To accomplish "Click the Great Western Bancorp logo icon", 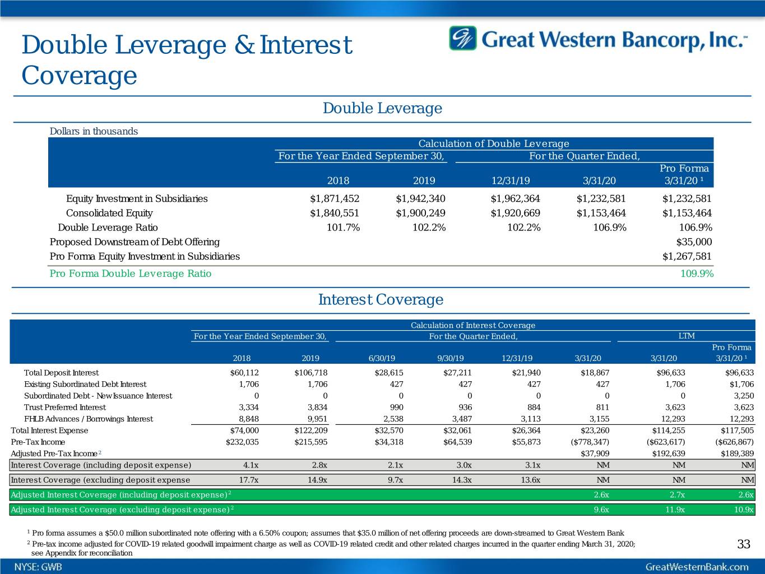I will [x=463, y=38].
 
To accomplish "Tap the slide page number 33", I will [x=744, y=544].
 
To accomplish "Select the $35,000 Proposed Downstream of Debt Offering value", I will [x=694, y=242].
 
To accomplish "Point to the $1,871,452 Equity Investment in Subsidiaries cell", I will [x=335, y=198].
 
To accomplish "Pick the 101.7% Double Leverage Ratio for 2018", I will [x=343, y=228].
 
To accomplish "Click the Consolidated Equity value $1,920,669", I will [x=515, y=213].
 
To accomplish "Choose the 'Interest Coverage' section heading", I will [x=381, y=300].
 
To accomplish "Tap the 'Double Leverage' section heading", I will [x=382, y=108].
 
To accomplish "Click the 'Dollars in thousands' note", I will [x=94, y=131].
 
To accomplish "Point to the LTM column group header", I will [x=686, y=336].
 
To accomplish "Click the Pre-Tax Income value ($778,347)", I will [x=587, y=442].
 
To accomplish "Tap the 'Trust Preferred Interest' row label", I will [x=65, y=407].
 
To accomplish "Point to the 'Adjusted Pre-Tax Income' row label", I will [x=55, y=453].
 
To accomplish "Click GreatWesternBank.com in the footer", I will [x=697, y=567].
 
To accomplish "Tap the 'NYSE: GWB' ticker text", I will [x=39, y=567].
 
